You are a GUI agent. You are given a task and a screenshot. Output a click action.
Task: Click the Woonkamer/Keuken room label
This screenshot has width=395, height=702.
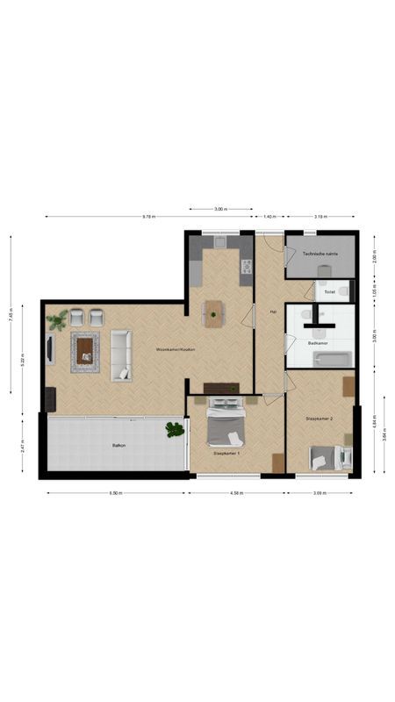tap(175, 349)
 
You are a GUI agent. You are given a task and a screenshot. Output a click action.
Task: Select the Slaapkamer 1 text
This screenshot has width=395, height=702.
tap(226, 454)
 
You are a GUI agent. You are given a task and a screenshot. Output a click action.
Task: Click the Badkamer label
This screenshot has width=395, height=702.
tap(319, 343)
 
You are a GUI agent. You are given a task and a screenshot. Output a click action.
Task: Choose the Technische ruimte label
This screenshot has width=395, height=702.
tap(320, 254)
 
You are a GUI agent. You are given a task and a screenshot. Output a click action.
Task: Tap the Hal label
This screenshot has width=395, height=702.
tap(273, 312)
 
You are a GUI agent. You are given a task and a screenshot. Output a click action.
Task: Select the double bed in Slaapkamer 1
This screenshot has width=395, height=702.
tap(226, 423)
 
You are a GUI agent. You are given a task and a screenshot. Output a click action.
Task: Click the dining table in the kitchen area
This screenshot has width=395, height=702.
tap(214, 313)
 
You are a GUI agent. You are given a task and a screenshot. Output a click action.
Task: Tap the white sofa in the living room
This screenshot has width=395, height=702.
tap(120, 355)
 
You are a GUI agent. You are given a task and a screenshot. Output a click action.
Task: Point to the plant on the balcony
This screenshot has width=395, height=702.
tap(176, 429)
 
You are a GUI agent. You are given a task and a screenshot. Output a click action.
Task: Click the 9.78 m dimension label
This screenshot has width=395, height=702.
tap(150, 216)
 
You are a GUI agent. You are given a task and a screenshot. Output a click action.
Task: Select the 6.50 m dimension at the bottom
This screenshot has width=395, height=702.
tap(116, 493)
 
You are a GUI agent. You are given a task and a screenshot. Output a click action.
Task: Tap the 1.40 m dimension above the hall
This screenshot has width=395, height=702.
tap(269, 216)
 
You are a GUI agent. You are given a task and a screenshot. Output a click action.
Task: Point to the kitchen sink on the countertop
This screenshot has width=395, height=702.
tap(219, 242)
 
